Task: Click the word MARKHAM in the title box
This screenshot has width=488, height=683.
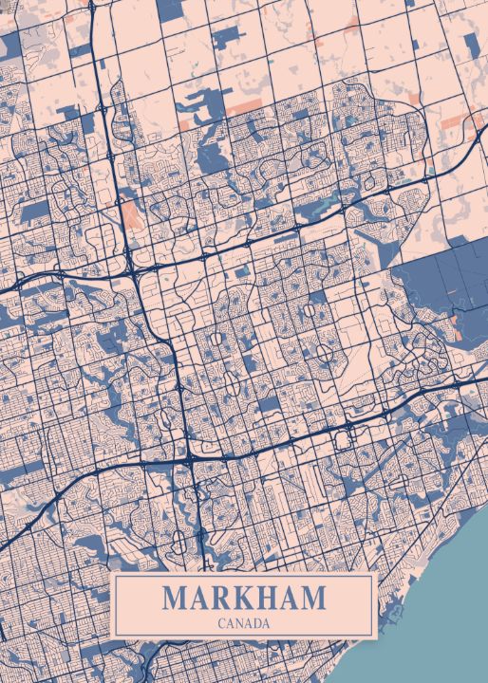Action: [243, 599]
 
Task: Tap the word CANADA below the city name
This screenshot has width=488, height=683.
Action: [243, 623]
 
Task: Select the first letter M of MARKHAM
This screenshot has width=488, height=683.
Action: [174, 599]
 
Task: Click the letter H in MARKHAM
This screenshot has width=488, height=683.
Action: [267, 599]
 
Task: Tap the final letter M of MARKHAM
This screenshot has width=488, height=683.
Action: [313, 599]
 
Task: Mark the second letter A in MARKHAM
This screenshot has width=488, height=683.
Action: [290, 599]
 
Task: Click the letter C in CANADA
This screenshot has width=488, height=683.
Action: [220, 623]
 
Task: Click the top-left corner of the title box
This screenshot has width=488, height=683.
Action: [113, 574]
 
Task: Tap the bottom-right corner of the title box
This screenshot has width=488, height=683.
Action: [377, 637]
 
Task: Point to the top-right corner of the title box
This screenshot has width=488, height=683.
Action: [377, 574]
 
